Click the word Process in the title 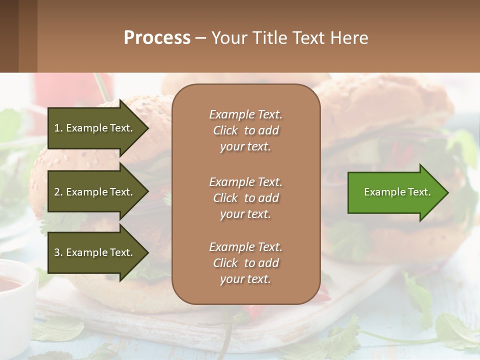[x=157, y=38]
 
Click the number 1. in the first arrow [x=58, y=128]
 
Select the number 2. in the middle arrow [x=58, y=192]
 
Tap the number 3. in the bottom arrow [x=58, y=252]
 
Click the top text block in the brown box [x=245, y=130]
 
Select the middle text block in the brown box [x=245, y=198]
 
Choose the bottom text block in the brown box [x=245, y=263]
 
